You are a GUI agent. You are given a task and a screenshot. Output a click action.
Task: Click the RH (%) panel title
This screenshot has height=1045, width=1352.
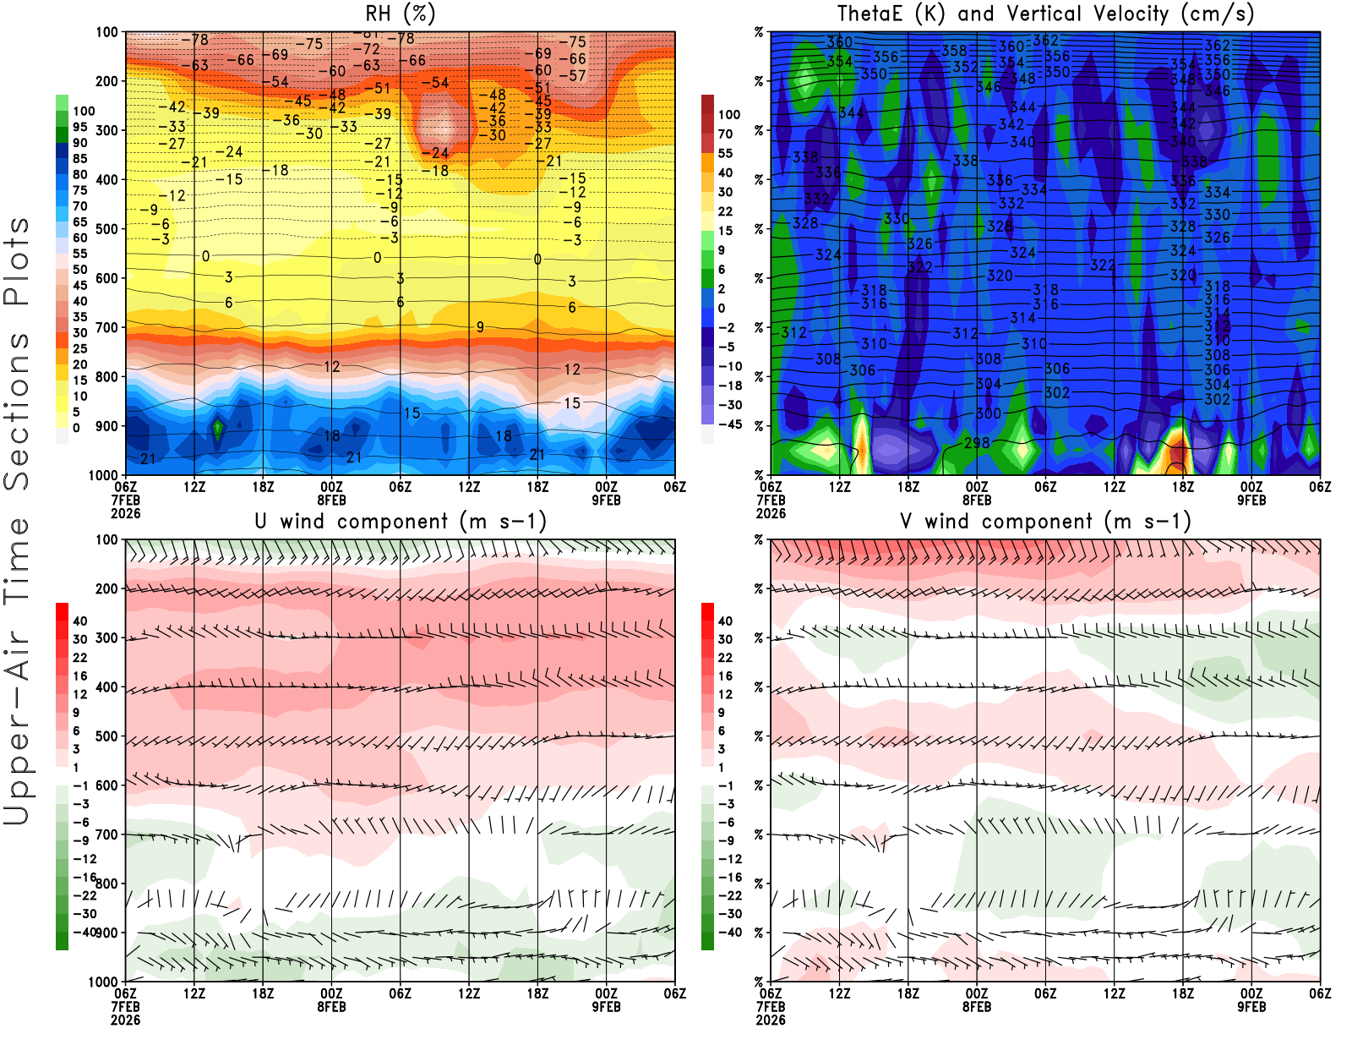(400, 14)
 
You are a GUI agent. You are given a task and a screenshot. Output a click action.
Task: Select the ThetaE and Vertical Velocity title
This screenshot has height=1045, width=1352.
(1045, 14)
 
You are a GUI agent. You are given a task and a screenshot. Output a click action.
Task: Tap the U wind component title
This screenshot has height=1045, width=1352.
(400, 521)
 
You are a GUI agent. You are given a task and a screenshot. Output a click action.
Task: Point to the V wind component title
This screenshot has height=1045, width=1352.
(1045, 521)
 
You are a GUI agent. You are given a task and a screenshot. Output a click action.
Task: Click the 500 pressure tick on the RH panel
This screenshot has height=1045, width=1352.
(106, 228)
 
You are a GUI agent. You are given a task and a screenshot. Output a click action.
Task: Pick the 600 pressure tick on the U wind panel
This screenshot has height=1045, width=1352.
(106, 785)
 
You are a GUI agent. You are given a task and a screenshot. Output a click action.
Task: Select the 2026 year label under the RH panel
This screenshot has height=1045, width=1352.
(125, 513)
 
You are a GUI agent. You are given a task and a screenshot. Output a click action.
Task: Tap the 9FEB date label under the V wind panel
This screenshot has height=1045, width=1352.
(1251, 1007)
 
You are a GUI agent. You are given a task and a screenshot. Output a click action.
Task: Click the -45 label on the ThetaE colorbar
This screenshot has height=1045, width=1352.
(729, 424)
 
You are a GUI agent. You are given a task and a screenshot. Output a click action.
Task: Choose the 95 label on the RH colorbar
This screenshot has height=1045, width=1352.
(79, 127)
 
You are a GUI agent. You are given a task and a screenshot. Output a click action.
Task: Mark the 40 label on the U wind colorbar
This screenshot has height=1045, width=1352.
(79, 621)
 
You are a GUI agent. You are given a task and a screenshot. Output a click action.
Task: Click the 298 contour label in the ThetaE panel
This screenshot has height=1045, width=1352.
(977, 443)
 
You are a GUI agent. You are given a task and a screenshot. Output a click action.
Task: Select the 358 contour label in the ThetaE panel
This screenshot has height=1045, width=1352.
(954, 51)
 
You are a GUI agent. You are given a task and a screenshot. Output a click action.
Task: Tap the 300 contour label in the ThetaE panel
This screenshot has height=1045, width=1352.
(989, 413)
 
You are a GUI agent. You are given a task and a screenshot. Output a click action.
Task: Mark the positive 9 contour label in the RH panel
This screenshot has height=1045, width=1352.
(480, 327)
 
